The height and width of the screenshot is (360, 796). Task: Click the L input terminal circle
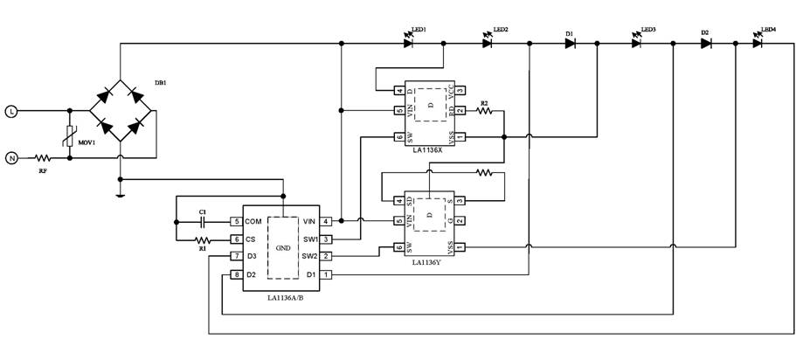[11, 111]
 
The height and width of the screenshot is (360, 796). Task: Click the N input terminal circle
[11, 158]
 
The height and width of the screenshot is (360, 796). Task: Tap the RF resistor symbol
[43, 158]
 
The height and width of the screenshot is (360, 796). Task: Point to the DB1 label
[160, 82]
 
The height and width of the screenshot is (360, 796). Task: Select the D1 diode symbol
[570, 43]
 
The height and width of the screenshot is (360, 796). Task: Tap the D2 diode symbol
[705, 43]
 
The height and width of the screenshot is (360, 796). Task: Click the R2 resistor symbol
[483, 111]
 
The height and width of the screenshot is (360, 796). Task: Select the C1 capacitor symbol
[203, 221]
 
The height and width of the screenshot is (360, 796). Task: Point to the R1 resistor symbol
[203, 239]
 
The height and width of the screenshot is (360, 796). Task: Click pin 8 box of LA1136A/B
[236, 275]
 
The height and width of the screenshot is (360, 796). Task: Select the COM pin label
[253, 221]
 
